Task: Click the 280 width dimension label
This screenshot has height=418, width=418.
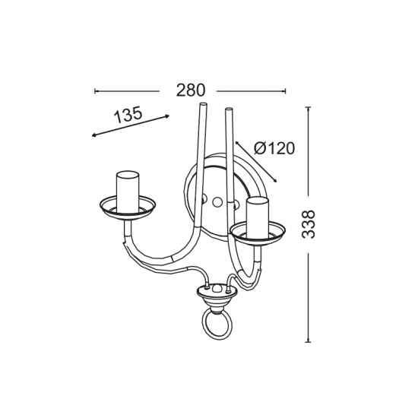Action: [191, 90]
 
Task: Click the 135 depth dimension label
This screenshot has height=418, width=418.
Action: [128, 115]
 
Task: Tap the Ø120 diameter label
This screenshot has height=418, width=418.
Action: [274, 148]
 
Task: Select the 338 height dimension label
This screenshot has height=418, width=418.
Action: [309, 223]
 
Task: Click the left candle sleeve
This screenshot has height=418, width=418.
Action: [128, 192]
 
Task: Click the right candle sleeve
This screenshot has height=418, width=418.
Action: [258, 217]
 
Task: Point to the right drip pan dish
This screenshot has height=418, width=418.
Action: [258, 233]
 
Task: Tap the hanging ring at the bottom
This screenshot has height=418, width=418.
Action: [217, 326]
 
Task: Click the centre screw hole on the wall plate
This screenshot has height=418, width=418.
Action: [217, 202]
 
